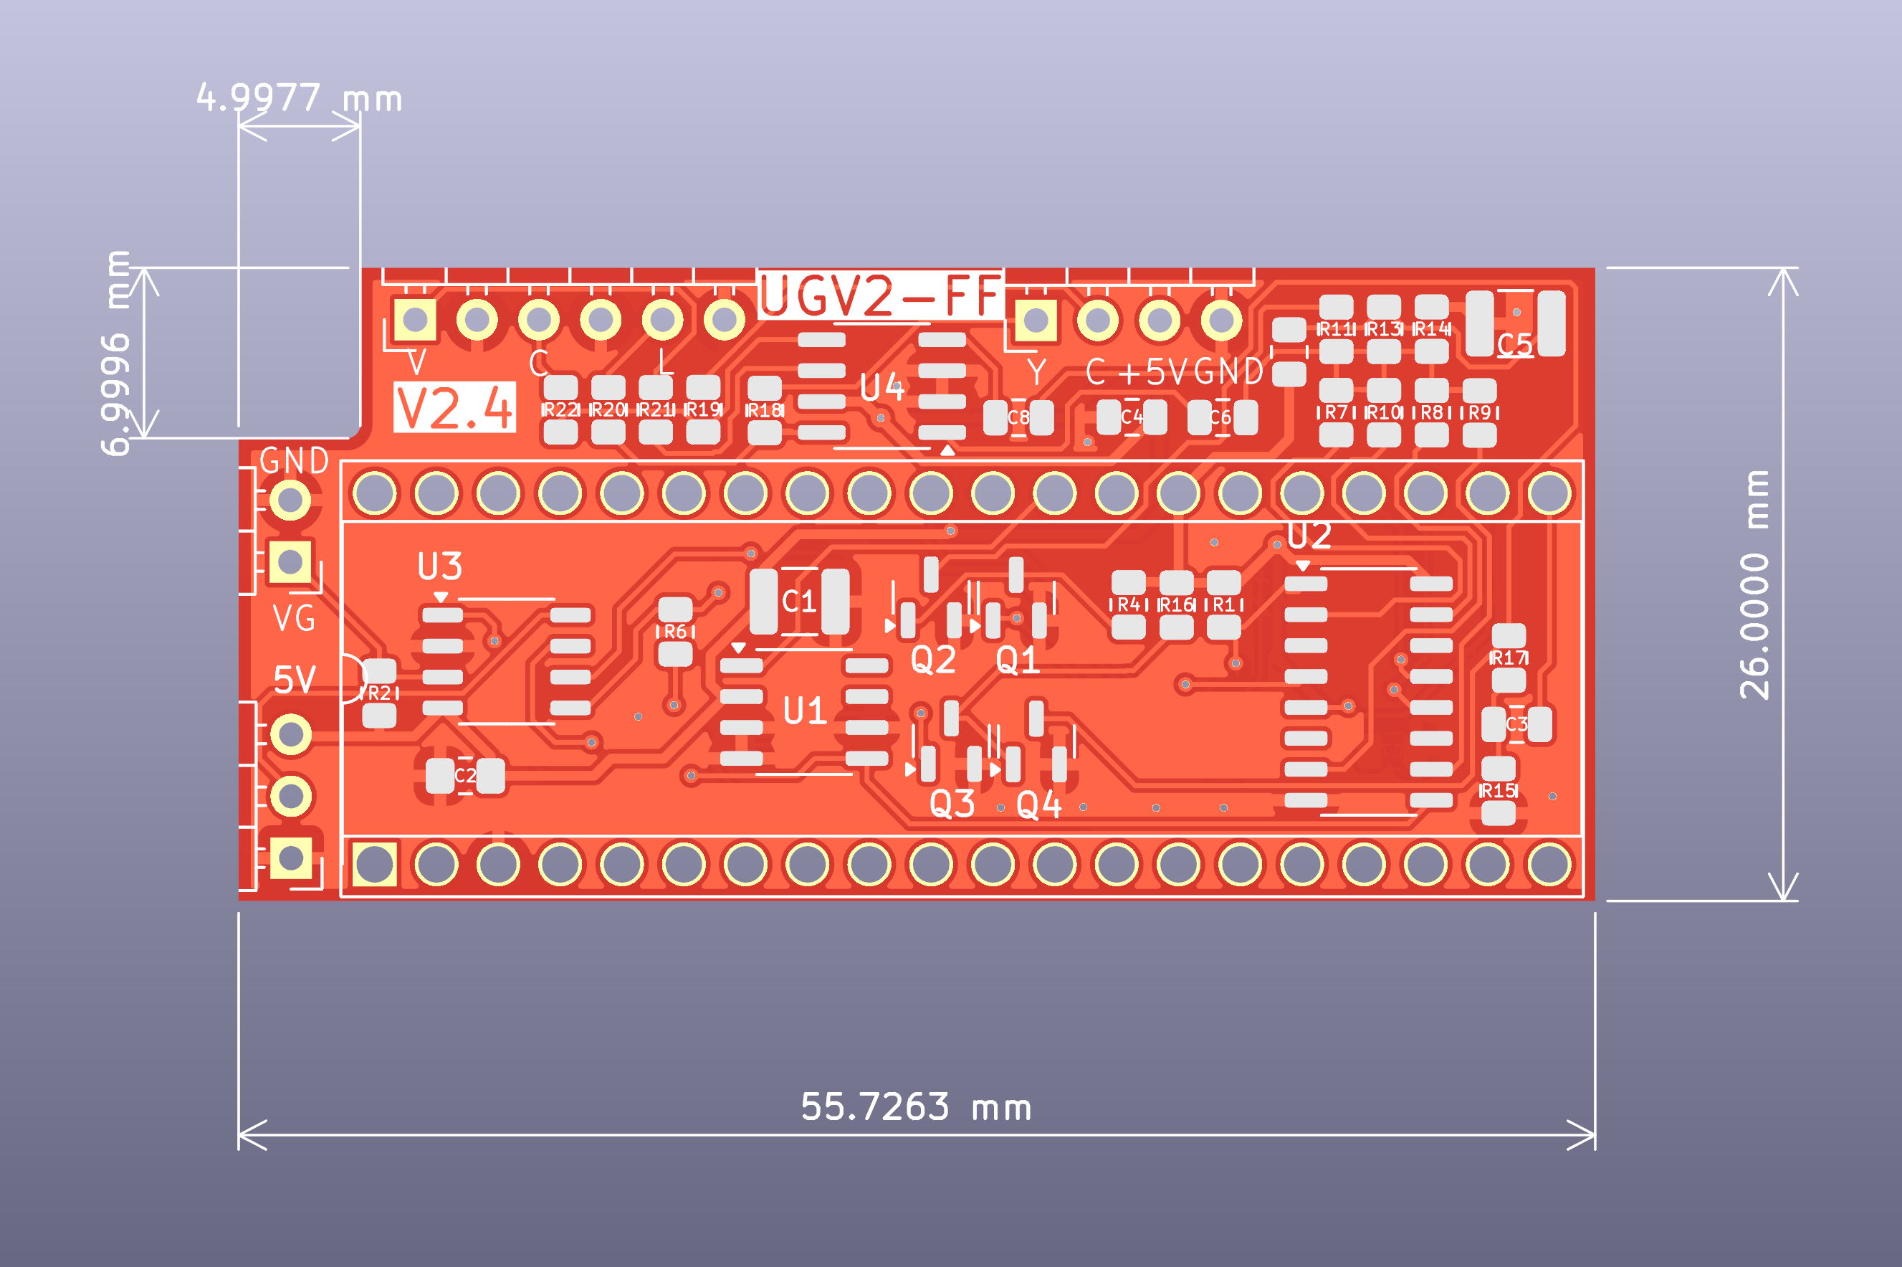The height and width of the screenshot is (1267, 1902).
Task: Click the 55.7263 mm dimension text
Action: (915, 1107)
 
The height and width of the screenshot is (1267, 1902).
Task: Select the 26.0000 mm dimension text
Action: (1754, 584)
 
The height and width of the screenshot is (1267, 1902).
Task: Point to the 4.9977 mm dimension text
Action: (299, 98)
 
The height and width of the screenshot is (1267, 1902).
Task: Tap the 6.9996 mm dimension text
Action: (117, 353)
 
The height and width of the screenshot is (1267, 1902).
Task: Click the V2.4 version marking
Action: (454, 408)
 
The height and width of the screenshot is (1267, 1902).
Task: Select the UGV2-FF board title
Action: (880, 295)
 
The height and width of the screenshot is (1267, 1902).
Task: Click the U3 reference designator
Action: (439, 566)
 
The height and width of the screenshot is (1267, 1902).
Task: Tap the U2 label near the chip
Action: (1309, 536)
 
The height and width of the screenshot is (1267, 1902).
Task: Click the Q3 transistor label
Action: (952, 804)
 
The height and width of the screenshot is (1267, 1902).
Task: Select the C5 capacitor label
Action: (1514, 345)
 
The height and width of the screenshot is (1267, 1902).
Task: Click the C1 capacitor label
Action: (799, 601)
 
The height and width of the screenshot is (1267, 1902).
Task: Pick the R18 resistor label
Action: (764, 410)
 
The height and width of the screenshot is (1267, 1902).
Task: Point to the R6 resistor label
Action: (675, 632)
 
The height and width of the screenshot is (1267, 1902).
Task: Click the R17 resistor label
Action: (1508, 658)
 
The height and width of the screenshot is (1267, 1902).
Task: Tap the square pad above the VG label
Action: (290, 561)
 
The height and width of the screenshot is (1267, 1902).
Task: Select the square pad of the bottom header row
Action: (375, 865)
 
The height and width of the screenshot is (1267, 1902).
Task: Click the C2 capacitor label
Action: (465, 776)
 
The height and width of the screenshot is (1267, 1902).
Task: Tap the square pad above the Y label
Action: (1036, 321)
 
